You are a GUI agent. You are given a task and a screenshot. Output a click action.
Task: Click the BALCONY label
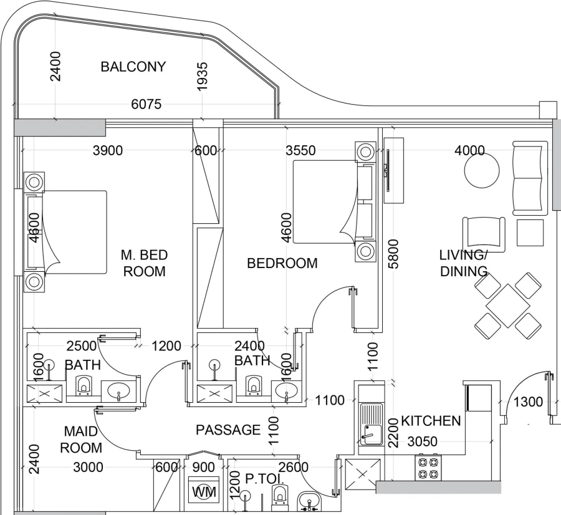click(x=133, y=67)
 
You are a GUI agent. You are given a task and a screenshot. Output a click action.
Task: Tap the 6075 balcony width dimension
click(x=146, y=104)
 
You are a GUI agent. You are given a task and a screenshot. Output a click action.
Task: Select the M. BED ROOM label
click(x=144, y=263)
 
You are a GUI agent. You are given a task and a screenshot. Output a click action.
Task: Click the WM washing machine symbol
click(x=204, y=492)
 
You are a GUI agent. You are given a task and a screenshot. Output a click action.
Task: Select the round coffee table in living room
click(x=482, y=171)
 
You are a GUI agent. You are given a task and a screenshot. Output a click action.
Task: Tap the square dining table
click(x=508, y=306)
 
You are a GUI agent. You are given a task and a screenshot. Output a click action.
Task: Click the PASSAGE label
click(x=228, y=430)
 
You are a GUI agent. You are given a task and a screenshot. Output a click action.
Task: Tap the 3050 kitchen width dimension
click(x=422, y=441)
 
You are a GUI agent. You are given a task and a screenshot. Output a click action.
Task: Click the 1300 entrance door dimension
click(x=528, y=402)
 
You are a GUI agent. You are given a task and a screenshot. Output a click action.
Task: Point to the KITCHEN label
click(x=430, y=421)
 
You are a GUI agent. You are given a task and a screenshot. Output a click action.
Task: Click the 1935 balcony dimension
click(x=202, y=77)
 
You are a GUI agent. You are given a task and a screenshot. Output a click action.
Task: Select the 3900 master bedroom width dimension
click(x=107, y=150)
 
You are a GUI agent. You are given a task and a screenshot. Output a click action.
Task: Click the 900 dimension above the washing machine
click(x=204, y=468)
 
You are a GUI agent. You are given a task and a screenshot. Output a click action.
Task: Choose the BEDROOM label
click(x=282, y=263)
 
